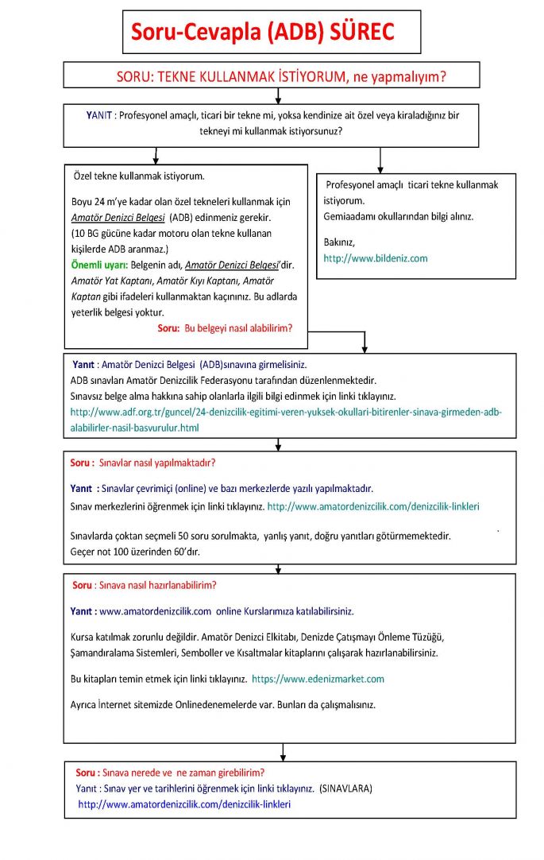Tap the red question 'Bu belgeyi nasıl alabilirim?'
coord(237,327)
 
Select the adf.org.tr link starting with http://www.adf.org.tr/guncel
coord(286,413)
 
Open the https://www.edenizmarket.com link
coord(318,679)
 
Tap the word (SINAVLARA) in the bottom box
coord(345,788)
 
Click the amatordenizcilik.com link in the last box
coord(184,804)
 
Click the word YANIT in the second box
coord(99,115)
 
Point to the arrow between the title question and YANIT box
coord(277,95)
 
